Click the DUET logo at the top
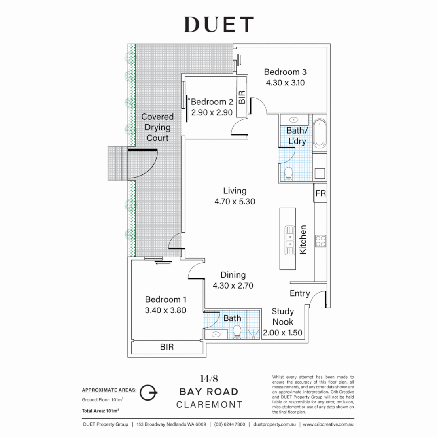point(219,25)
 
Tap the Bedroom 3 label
point(285,72)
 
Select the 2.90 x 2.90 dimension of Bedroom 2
point(212,112)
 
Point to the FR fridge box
point(320,194)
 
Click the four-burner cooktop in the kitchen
point(320,241)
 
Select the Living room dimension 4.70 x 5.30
point(235,201)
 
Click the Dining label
point(233,275)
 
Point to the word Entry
point(300,293)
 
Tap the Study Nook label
point(282,317)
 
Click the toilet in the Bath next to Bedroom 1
point(237,333)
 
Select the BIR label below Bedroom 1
point(167,347)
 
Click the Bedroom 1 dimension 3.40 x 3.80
point(166,310)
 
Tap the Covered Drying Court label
point(157,127)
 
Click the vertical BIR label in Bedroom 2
point(242,98)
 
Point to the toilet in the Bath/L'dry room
point(289,173)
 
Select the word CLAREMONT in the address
point(209,405)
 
